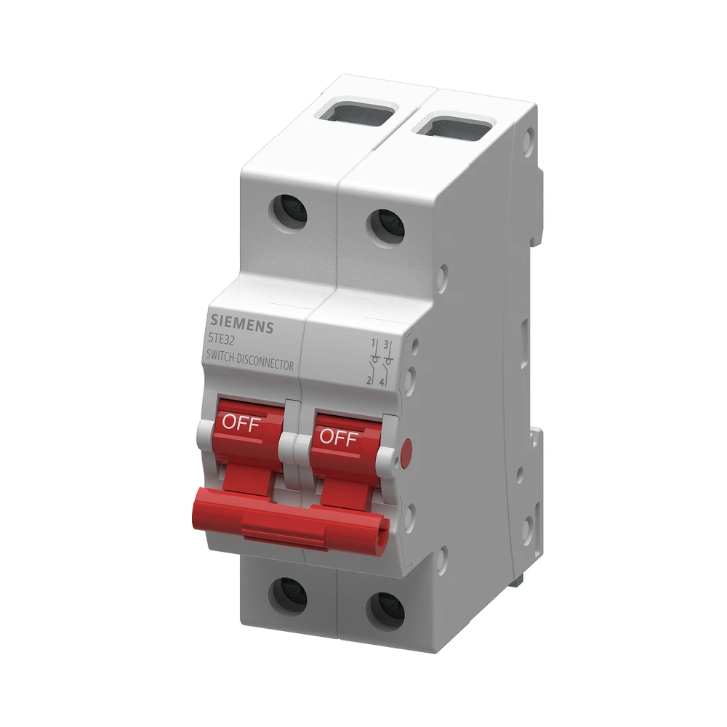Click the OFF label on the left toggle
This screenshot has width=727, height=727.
pos(241,424)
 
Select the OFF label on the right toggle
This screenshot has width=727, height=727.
pos(339,438)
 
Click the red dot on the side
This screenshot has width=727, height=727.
pos(405,446)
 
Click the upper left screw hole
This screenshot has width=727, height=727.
pos(289,212)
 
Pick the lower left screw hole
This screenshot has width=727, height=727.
pos(288,594)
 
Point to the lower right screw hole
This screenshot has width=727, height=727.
pos(385,609)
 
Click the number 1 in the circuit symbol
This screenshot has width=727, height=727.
pos(373,342)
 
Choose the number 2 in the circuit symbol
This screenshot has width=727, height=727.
pos(369,380)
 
